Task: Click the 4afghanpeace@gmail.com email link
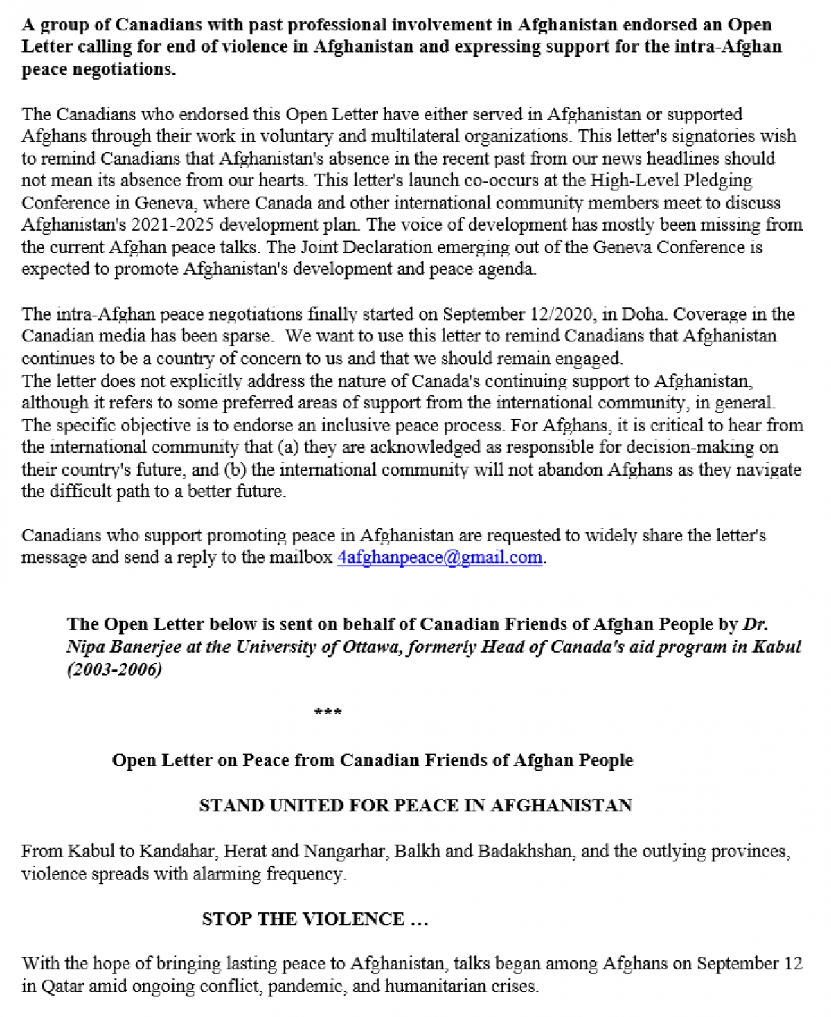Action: click(x=439, y=557)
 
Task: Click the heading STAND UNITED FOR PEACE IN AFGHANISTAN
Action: click(x=415, y=805)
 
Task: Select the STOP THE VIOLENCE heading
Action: click(x=315, y=919)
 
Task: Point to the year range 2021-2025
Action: click(x=179, y=225)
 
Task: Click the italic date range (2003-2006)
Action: click(x=114, y=669)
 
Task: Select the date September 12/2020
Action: click(x=518, y=314)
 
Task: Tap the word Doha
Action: click(x=645, y=314)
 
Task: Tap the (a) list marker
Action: click(x=287, y=447)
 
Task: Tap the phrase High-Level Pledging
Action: click(x=671, y=181)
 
